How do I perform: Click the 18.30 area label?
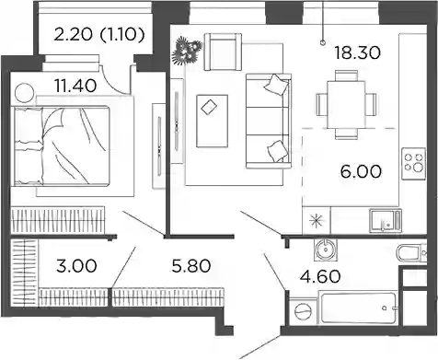pyautogui.click(x=357, y=52)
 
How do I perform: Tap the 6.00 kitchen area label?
pyautogui.click(x=361, y=171)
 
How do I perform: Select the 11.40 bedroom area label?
pyautogui.click(x=75, y=86)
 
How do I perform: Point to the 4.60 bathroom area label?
pyautogui.click(x=320, y=276)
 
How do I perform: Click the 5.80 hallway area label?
pyautogui.click(x=191, y=266)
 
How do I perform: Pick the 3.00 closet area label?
pyautogui.click(x=76, y=266)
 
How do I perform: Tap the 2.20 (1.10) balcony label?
pyautogui.click(x=99, y=34)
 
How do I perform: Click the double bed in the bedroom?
pyautogui.click(x=62, y=145)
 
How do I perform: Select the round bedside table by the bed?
pyautogui.click(x=25, y=93)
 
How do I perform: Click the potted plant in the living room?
pyautogui.click(x=187, y=51)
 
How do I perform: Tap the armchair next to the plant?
pyautogui.click(x=223, y=52)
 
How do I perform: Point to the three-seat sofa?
pyautogui.click(x=269, y=121)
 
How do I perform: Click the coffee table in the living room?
pyautogui.click(x=212, y=121)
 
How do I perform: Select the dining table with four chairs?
pyautogui.click(x=346, y=105)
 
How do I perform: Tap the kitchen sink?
pyautogui.click(x=386, y=220)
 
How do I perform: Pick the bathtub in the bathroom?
pyautogui.click(x=358, y=308)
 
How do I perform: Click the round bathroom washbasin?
pyautogui.click(x=326, y=249)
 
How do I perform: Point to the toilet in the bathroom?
pyautogui.click(x=412, y=253)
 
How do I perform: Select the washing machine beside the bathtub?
pyautogui.click(x=303, y=311)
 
